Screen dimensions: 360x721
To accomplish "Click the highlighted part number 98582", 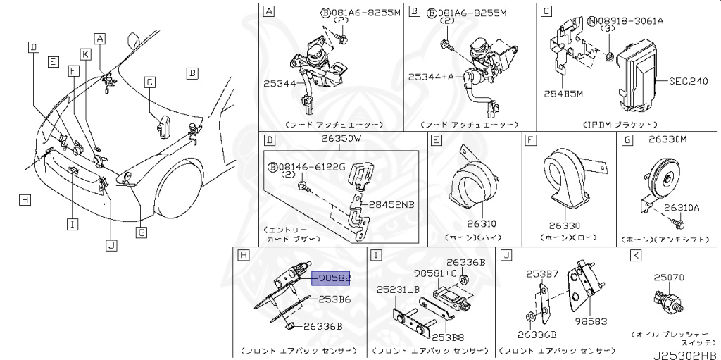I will (x=334, y=278).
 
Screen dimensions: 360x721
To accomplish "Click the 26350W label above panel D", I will (x=341, y=139).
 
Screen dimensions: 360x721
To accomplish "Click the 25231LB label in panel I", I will (x=398, y=290).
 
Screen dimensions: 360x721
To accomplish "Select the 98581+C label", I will (x=434, y=272).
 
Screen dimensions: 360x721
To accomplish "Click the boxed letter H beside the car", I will (x=25, y=200).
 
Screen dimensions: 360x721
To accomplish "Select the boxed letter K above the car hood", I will (x=85, y=54).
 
